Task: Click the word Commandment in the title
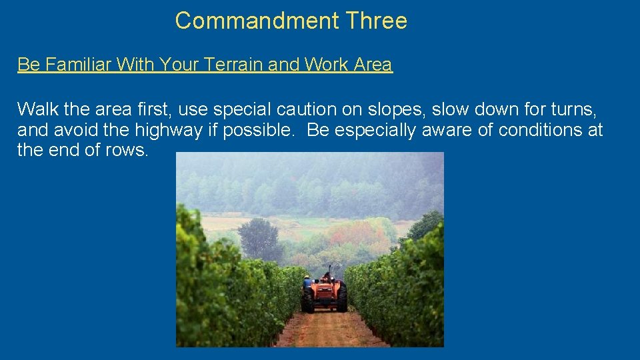tap(258, 21)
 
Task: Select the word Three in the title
tap(377, 21)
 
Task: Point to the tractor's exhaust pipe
tap(330, 270)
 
